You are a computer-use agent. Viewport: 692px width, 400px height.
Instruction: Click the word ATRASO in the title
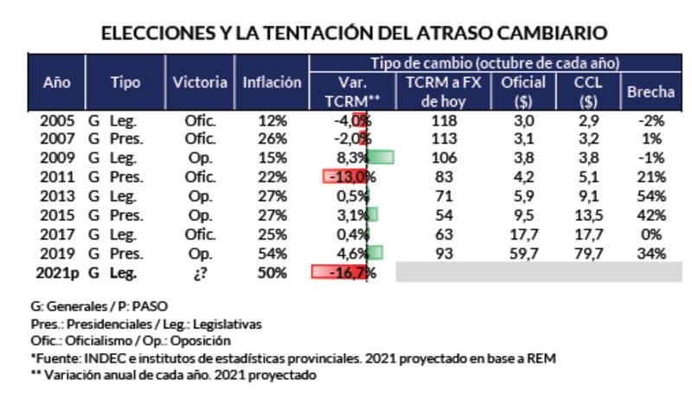click(x=439, y=33)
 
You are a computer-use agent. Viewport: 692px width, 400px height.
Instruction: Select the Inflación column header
click(x=272, y=83)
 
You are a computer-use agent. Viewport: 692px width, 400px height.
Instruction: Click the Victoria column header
click(x=200, y=83)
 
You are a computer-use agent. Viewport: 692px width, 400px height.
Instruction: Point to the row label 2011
click(x=57, y=177)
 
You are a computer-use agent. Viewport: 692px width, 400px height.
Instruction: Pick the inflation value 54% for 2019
click(x=272, y=254)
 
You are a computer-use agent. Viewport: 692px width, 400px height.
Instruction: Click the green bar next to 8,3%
click(x=381, y=158)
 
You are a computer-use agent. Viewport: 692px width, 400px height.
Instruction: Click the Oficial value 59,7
click(x=522, y=254)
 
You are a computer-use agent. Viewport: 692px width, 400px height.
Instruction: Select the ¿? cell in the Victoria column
click(x=200, y=273)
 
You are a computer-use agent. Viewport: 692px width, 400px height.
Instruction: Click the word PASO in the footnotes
click(x=150, y=306)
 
